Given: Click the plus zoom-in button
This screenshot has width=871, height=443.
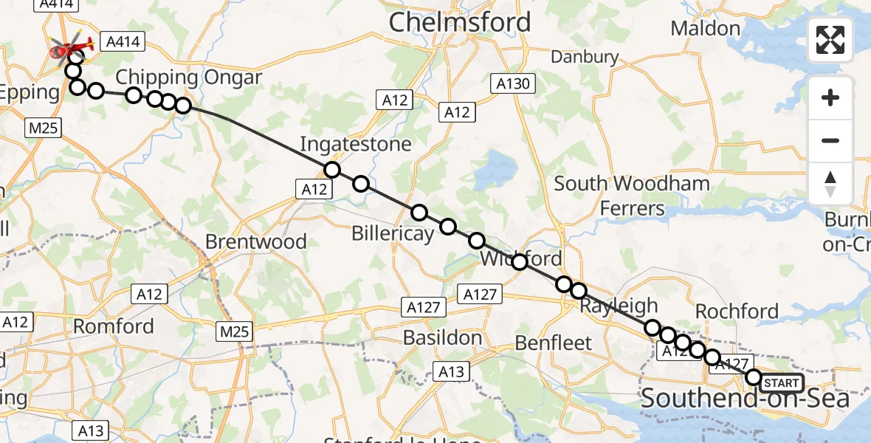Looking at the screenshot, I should click(x=830, y=97).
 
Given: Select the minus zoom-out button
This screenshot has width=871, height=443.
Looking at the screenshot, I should click(x=830, y=140).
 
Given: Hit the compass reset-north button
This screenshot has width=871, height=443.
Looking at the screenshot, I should click(x=830, y=183).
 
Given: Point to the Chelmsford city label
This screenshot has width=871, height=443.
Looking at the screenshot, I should click(x=459, y=22).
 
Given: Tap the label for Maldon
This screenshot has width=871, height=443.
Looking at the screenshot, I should click(x=706, y=29).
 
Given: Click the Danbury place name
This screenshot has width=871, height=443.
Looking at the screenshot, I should click(x=585, y=57).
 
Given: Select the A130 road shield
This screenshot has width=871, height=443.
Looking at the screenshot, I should click(x=513, y=84).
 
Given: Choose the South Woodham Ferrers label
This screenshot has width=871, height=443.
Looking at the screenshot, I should click(x=632, y=196).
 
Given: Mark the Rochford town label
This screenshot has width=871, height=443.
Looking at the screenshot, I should click(x=736, y=312).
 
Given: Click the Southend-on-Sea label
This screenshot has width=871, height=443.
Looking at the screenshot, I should click(x=745, y=399).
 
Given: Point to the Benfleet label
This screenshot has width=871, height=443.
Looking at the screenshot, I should click(x=554, y=343).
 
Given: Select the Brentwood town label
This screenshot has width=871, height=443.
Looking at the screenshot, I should click(x=255, y=241).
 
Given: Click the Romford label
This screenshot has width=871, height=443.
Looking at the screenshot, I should click(x=114, y=326).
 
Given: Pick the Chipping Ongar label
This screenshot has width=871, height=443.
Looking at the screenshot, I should click(x=188, y=78).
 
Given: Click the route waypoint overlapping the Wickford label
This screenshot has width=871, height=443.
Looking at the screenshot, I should click(x=519, y=261).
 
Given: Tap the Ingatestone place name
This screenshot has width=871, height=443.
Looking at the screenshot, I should click(x=355, y=144).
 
